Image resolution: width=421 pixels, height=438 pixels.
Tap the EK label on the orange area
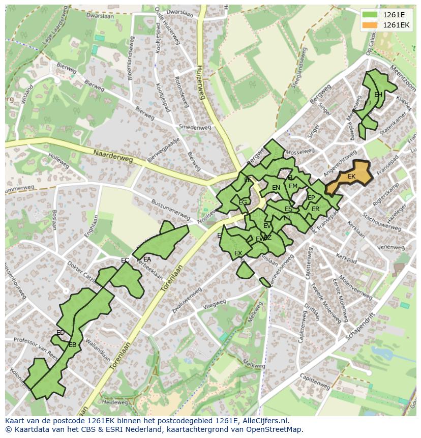[351, 177]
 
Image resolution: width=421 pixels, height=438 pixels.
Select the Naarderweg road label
[112, 156]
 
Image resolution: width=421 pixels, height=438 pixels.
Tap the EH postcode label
[378, 95]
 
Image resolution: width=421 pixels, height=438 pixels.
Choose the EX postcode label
[238, 253]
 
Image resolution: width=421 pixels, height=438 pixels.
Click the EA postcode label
[147, 259]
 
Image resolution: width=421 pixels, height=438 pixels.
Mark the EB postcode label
[73, 344]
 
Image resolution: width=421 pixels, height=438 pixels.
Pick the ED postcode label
[61, 333]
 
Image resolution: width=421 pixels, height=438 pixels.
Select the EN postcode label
[276, 188]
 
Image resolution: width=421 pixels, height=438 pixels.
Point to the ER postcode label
[315, 209]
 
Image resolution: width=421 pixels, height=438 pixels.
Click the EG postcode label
[243, 202]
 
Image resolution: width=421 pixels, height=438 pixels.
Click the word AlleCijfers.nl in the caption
[263, 421]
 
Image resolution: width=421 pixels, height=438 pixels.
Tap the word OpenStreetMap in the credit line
[275, 429]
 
